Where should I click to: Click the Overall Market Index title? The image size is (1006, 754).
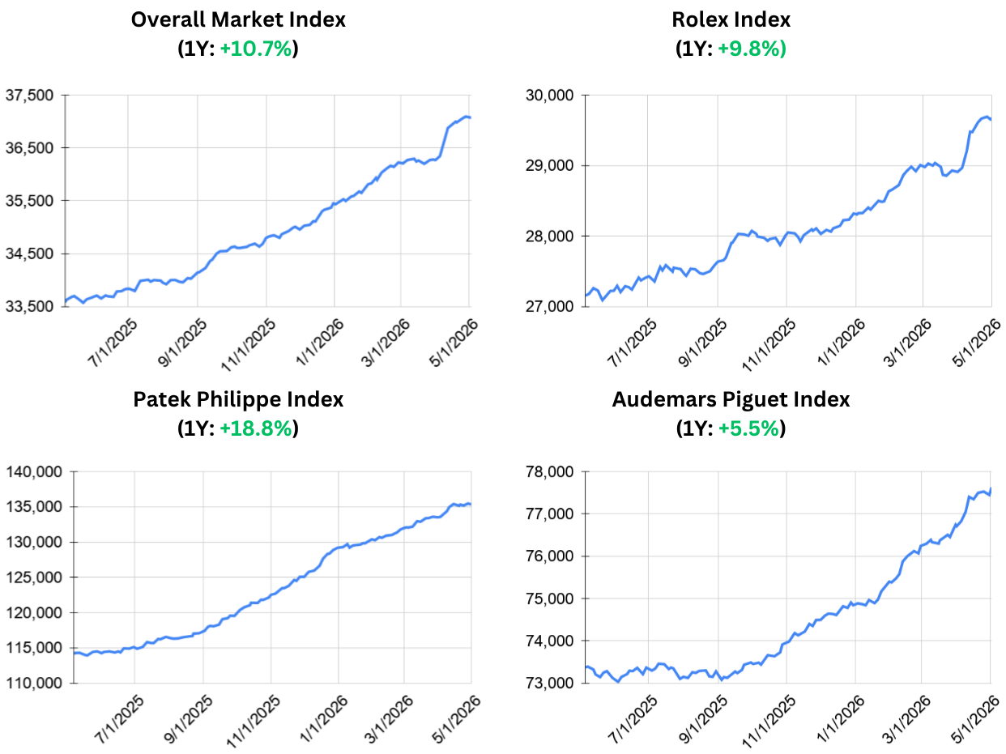pyautogui.click(x=238, y=19)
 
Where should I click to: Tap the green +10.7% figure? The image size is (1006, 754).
pyautogui.click(x=256, y=49)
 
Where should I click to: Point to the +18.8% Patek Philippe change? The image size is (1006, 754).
pyautogui.click(x=256, y=428)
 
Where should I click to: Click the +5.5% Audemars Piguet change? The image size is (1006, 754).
pyautogui.click(x=748, y=428)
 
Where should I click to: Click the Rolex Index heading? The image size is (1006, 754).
pyautogui.click(x=731, y=19)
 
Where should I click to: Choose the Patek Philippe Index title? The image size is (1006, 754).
pyautogui.click(x=238, y=400)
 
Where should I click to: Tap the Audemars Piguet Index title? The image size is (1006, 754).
pyautogui.click(x=731, y=400)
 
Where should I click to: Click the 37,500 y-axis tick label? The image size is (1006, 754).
pyautogui.click(x=29, y=96)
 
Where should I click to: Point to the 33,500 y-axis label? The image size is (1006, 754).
pyautogui.click(x=29, y=306)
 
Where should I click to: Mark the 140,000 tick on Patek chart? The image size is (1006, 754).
pyautogui.click(x=34, y=471)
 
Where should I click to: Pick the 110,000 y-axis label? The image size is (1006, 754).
pyautogui.click(x=34, y=683)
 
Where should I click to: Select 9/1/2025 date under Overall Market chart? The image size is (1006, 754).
pyautogui.click(x=182, y=343)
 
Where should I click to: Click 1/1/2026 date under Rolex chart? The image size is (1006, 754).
pyautogui.click(x=842, y=343)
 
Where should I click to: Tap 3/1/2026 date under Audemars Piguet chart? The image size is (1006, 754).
pyautogui.click(x=907, y=719)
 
